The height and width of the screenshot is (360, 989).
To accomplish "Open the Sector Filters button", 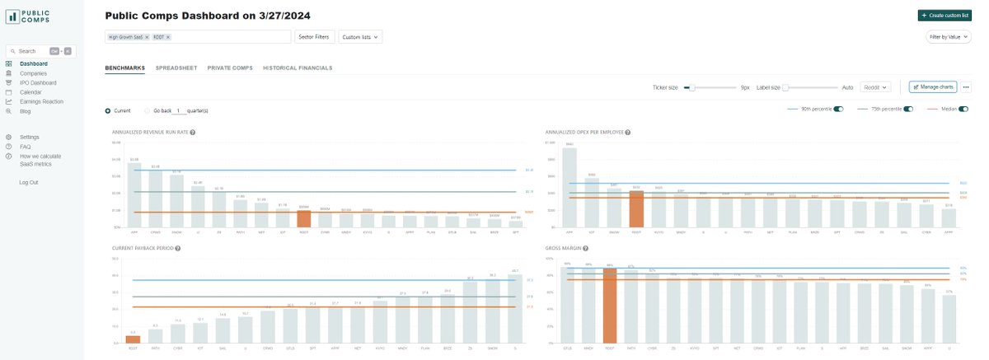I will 314,37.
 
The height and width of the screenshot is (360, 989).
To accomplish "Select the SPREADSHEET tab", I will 176,68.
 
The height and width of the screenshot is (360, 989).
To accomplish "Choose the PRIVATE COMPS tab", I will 230,68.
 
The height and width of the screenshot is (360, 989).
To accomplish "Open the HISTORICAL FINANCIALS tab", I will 298,68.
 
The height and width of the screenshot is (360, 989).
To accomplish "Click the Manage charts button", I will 932,86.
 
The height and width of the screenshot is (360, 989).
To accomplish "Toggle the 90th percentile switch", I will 838,109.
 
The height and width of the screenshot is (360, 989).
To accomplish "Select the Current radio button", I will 108,110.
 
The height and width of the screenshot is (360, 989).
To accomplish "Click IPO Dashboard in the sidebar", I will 38,82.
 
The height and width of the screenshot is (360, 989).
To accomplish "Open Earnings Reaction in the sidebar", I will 41,101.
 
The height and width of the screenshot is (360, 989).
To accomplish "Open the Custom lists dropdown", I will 360,37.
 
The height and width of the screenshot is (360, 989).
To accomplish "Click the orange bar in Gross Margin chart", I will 611,305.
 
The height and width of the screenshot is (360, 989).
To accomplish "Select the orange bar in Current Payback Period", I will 133,339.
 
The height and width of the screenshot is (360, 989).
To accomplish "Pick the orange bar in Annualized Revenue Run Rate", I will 303,218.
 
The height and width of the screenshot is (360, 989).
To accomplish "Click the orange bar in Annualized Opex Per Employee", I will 635,209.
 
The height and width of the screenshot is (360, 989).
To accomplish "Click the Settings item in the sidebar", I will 29,137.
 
